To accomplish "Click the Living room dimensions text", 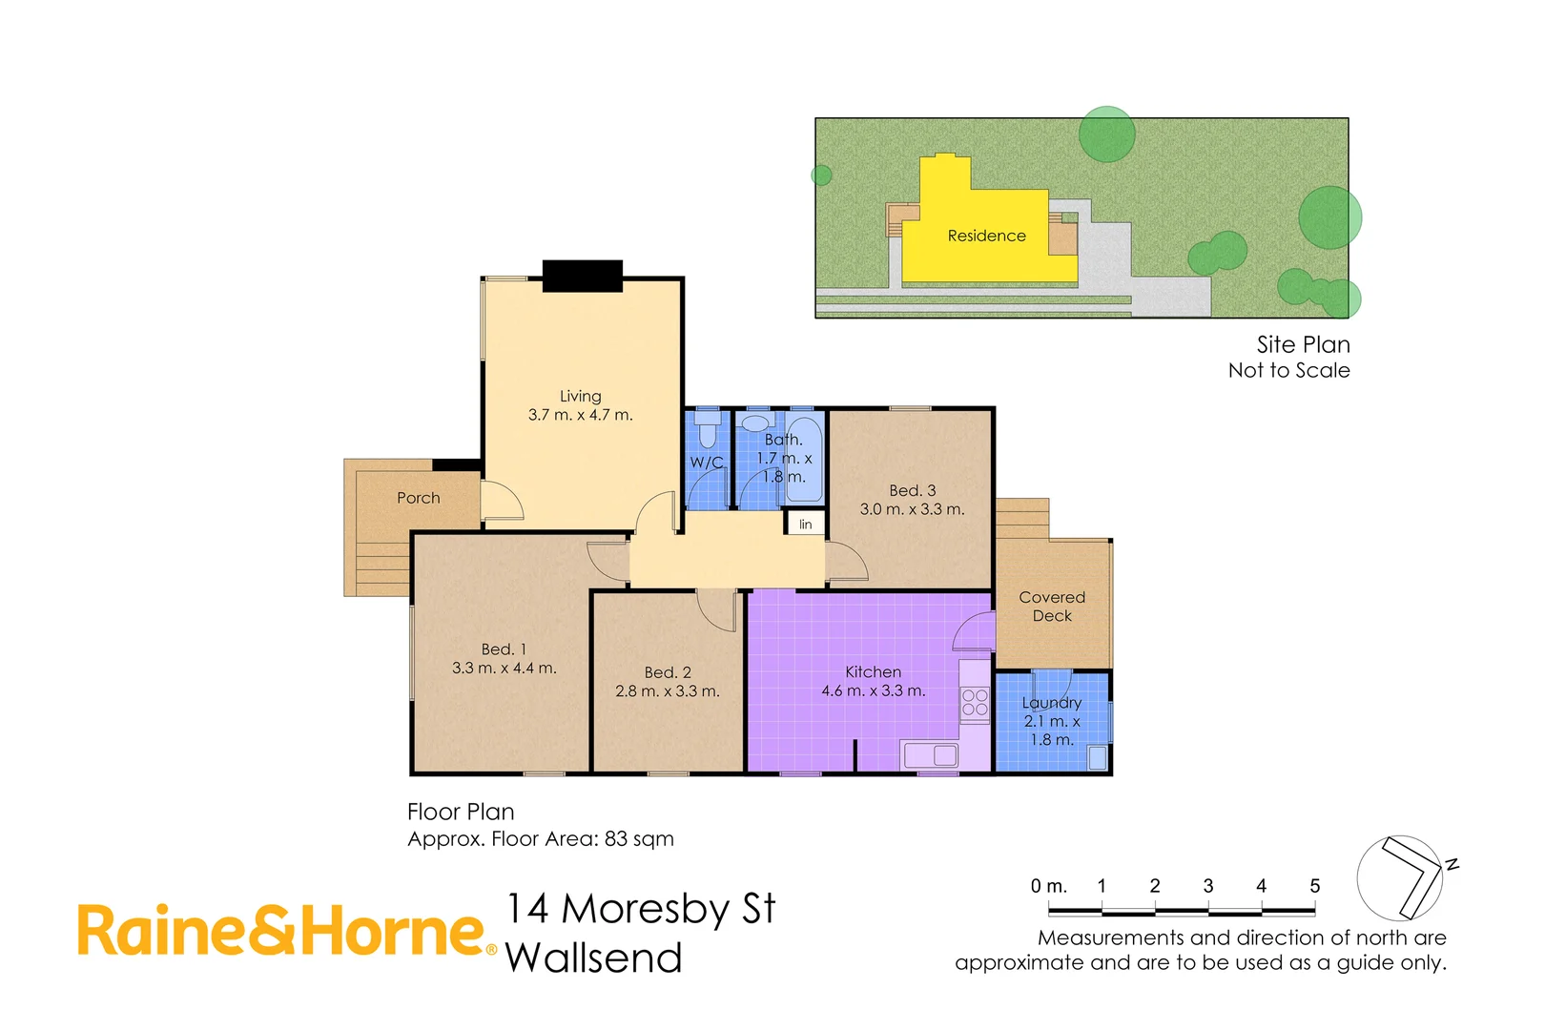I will tap(580, 415).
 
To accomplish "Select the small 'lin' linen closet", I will tap(806, 524).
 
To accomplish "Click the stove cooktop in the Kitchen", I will tap(975, 703).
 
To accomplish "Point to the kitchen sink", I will tap(931, 755).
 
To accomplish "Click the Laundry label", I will tap(1051, 703).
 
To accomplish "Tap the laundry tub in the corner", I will tap(1097, 758).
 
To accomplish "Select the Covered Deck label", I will tap(1052, 607).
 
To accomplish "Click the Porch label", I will tap(419, 498).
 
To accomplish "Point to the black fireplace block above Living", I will tap(583, 276).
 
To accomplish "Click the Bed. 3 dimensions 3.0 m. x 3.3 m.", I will tap(912, 509).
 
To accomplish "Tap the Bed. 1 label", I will tap(504, 649).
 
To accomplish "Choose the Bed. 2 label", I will tap(668, 672).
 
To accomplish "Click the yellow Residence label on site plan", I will tap(986, 236).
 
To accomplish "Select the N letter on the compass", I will tap(1452, 865).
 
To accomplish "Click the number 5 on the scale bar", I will tap(1314, 886).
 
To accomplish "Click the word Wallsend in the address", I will tap(593, 958).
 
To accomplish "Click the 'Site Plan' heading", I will tap(1303, 344).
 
